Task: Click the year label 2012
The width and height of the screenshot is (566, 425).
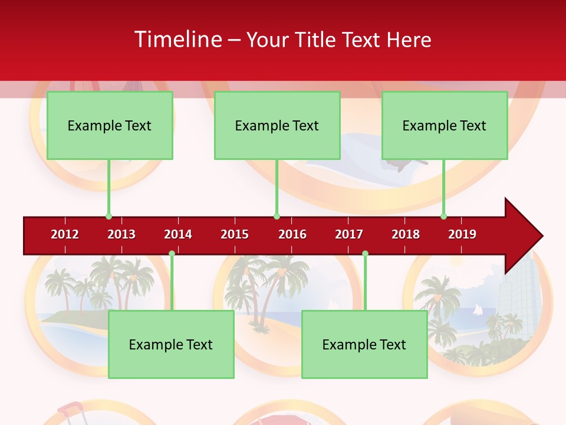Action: [65, 234]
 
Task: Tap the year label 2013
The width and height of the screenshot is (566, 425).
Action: [121, 234]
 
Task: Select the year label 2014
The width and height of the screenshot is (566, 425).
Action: [178, 234]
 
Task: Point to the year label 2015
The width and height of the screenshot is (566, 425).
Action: [235, 234]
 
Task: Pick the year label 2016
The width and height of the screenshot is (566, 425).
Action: [292, 234]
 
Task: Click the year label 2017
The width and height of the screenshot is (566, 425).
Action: [349, 234]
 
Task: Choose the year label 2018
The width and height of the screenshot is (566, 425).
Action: [406, 234]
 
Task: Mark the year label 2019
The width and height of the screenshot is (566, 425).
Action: [462, 234]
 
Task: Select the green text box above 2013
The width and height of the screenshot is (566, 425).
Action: [110, 125]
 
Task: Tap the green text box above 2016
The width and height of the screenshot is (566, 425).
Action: [277, 125]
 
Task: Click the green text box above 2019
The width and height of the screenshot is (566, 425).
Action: [445, 125]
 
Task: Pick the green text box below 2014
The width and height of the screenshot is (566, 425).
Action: [171, 344]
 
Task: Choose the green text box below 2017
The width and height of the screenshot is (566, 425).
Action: [364, 344]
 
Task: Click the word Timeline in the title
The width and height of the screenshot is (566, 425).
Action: [178, 40]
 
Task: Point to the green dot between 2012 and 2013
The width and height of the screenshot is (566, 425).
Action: [108, 216]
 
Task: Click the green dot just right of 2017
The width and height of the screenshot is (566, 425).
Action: [365, 253]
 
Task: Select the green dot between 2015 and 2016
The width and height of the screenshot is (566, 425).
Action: [277, 216]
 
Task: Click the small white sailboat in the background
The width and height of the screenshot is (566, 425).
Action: [478, 310]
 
